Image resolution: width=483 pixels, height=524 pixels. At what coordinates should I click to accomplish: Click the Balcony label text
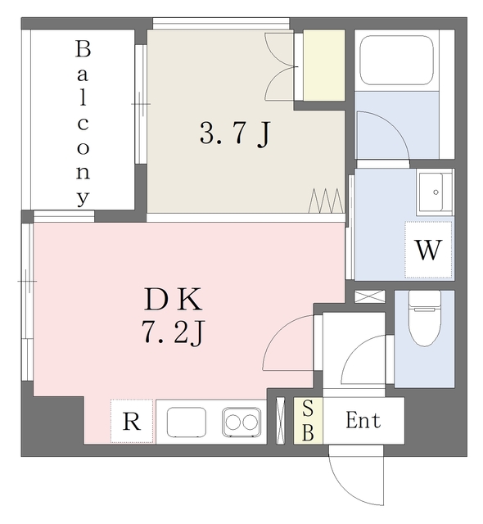click(83, 123)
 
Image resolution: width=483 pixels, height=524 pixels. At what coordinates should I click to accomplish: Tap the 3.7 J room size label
click(234, 133)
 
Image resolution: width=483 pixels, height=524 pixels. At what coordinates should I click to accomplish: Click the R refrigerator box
click(131, 422)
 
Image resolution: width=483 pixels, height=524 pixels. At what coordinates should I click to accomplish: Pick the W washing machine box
click(428, 250)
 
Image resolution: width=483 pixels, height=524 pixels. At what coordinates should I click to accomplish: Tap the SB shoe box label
click(308, 421)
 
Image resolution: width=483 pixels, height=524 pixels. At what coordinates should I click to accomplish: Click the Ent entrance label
click(363, 422)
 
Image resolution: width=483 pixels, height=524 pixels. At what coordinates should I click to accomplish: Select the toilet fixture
click(424, 322)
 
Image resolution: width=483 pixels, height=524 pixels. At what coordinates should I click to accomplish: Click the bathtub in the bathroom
click(396, 59)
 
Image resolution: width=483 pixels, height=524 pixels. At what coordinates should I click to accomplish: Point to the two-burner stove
click(241, 422)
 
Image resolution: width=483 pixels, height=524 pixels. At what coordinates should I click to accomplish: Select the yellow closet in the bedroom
click(324, 65)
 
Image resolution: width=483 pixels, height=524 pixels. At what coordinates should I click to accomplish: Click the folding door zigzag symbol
click(325, 199)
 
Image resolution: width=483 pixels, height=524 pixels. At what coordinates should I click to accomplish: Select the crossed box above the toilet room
click(370, 296)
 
